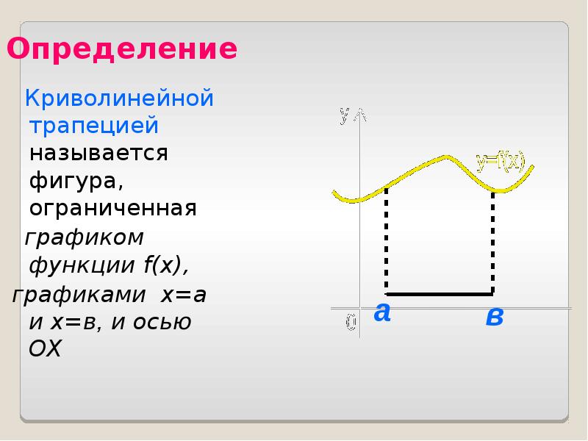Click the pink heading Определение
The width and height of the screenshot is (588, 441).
(x=122, y=50)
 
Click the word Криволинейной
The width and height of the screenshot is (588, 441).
(x=120, y=98)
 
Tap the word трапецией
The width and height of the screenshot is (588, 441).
(x=94, y=126)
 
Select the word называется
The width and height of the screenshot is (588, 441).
(x=99, y=154)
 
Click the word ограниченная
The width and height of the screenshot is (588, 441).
(x=113, y=209)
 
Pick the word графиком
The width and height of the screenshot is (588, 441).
(x=85, y=238)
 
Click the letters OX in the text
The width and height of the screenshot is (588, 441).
(x=45, y=349)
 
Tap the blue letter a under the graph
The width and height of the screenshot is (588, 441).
(x=381, y=313)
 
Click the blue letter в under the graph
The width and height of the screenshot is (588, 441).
(x=494, y=318)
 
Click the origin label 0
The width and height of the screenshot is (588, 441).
(x=351, y=322)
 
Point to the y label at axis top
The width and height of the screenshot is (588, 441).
(x=344, y=115)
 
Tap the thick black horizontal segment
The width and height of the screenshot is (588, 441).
(x=439, y=293)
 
